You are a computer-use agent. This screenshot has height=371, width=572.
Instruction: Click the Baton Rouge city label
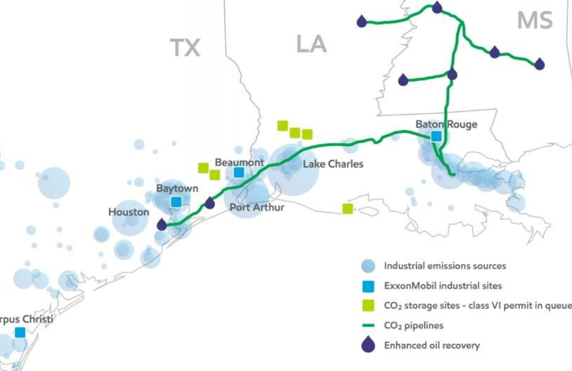(x=446, y=125)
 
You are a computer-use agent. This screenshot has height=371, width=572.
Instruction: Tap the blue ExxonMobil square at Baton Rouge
(x=436, y=136)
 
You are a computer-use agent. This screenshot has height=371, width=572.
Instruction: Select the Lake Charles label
(x=333, y=164)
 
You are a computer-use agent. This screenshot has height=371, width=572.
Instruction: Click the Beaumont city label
(x=239, y=162)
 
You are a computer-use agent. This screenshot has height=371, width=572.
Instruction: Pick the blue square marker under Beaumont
(x=239, y=173)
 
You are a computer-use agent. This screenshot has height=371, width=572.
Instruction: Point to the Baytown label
(x=177, y=189)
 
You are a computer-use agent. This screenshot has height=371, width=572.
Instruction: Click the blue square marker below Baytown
(x=176, y=202)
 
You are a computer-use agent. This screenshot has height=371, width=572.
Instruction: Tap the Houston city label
(x=128, y=212)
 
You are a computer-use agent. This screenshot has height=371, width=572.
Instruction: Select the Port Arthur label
(x=257, y=208)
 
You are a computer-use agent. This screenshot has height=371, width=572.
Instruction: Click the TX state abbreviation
(x=185, y=48)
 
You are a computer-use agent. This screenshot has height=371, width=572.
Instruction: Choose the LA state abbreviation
(x=311, y=44)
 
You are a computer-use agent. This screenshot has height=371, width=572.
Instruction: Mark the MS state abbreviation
(x=534, y=20)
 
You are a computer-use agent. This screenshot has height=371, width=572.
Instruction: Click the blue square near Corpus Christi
(x=20, y=332)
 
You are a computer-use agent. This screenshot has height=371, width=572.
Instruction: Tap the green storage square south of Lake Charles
(x=348, y=208)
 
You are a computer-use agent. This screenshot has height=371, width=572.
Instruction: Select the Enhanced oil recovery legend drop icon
(x=368, y=345)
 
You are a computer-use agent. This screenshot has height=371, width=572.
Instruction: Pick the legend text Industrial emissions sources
(x=445, y=266)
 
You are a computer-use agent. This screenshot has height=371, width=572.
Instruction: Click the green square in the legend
(x=368, y=305)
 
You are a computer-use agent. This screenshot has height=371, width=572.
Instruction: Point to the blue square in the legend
(x=368, y=286)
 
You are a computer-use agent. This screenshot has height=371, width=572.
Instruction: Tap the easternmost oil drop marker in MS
(x=539, y=64)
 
